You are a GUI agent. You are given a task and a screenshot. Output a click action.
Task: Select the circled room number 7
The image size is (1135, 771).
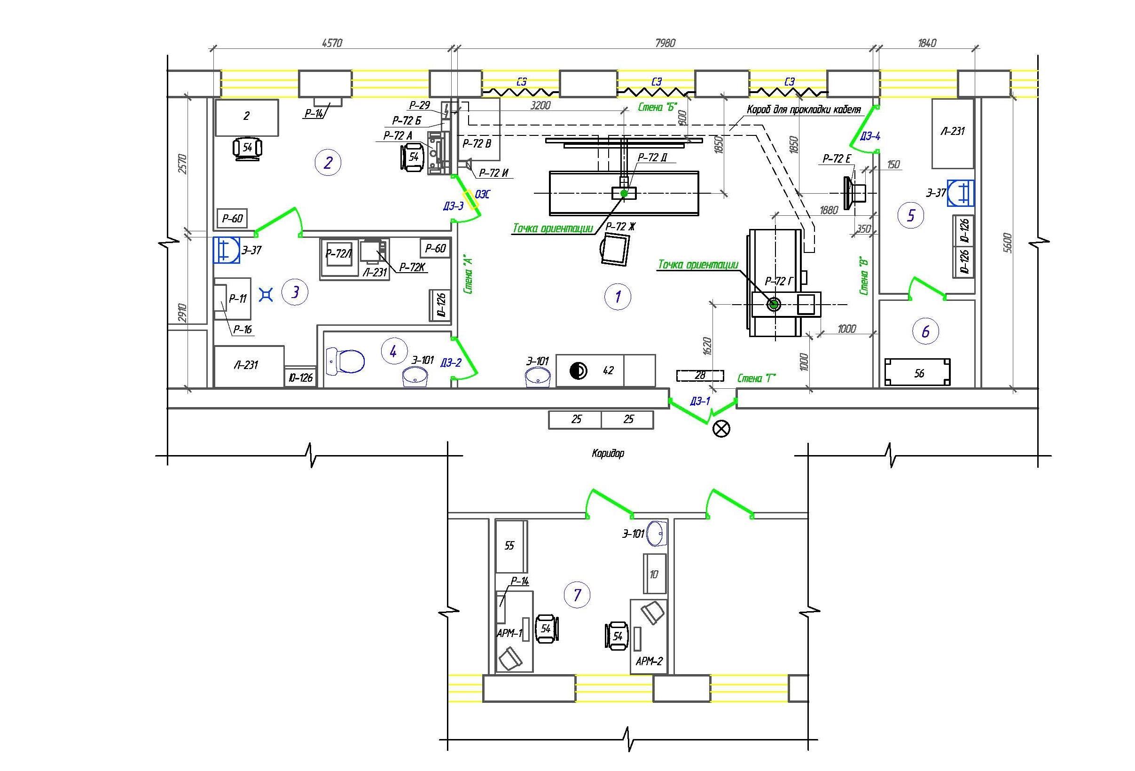point(577,595)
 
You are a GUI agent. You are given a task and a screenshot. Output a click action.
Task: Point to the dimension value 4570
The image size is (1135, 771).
point(332,43)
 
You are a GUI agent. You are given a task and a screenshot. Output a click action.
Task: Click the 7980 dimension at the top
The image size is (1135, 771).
point(665,43)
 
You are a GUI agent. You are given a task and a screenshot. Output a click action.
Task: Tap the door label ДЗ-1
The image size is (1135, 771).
point(700,401)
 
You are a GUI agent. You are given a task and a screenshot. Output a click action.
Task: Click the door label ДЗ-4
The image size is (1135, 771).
point(870,136)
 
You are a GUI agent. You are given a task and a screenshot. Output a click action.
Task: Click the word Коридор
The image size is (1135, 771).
point(608,453)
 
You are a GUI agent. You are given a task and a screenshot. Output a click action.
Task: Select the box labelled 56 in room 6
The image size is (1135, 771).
point(918,373)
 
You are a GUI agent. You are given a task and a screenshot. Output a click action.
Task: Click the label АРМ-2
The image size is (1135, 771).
point(649,661)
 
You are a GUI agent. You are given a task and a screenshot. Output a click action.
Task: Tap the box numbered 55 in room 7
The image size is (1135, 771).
point(511,546)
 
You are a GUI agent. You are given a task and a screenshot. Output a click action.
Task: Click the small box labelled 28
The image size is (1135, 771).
point(700,376)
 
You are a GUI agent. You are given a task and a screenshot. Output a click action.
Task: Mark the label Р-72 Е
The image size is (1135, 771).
point(837,158)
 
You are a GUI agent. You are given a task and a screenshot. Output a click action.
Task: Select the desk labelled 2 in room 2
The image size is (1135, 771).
point(247,117)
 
